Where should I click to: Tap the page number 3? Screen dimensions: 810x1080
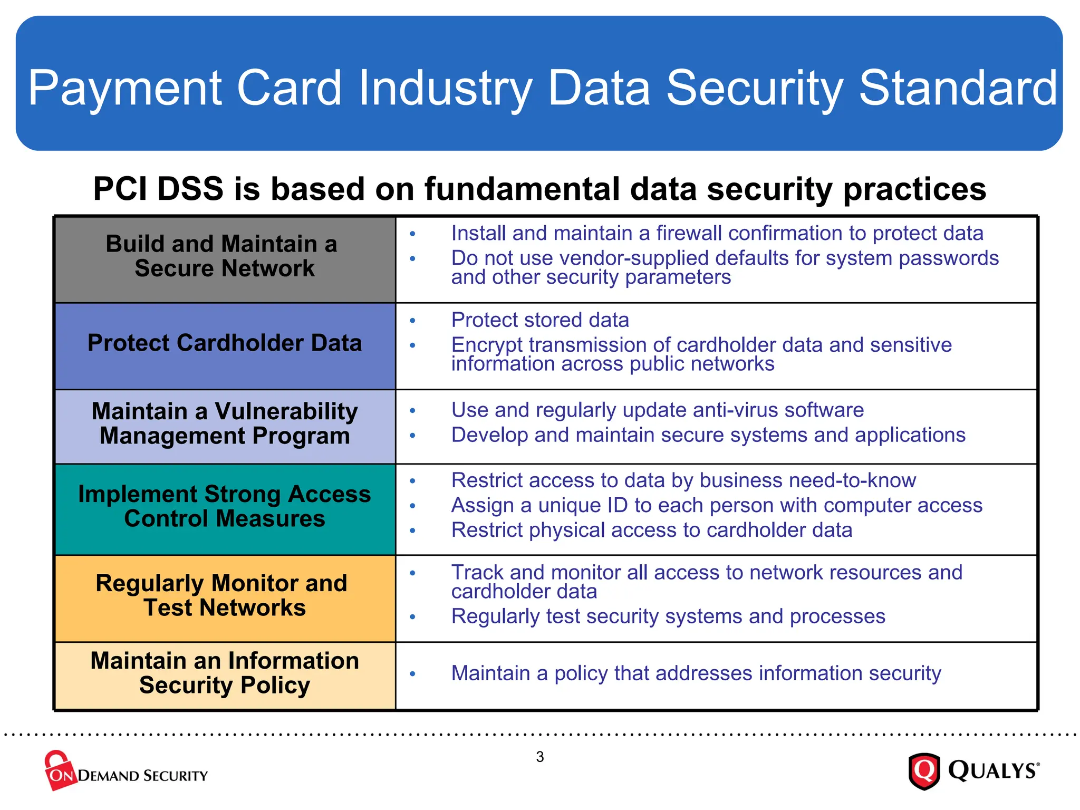[x=539, y=757]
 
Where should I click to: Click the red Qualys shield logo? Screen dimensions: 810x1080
[x=924, y=771]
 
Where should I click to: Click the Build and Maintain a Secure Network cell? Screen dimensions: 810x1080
[x=225, y=259]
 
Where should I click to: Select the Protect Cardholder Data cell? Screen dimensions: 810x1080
[x=225, y=345]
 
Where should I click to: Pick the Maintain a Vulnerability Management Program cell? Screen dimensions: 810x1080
[x=225, y=426]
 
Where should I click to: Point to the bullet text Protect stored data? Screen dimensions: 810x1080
[x=539, y=320]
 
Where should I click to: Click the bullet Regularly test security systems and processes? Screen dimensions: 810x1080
[x=668, y=616]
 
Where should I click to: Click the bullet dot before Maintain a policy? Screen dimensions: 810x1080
[x=412, y=674]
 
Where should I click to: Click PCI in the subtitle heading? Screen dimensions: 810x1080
[x=120, y=189]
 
